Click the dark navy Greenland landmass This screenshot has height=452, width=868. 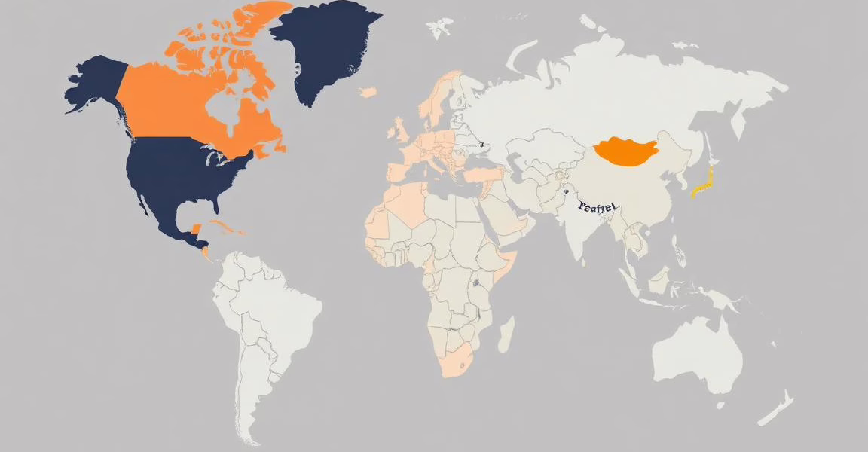pyautogui.click(x=320, y=45)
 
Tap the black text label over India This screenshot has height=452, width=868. pyautogui.click(x=597, y=206)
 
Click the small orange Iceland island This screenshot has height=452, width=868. pyautogui.click(x=368, y=93)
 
